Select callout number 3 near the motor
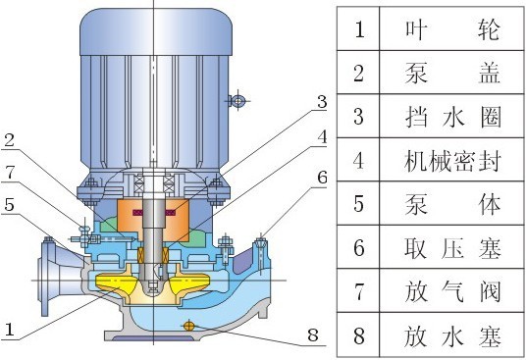[321, 101]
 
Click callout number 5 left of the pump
[9, 206]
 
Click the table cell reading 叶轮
[452, 29]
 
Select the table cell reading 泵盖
[452, 74]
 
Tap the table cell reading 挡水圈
[452, 118]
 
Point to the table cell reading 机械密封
[452, 162]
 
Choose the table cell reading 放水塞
[452, 337]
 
